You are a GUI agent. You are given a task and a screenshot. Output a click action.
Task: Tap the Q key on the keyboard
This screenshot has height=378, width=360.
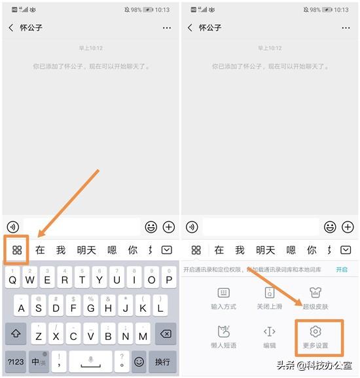coord(12,280)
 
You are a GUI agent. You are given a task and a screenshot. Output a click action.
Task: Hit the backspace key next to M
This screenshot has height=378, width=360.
coord(166,334)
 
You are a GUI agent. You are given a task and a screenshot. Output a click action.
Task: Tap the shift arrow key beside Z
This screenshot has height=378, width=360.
coord(16,334)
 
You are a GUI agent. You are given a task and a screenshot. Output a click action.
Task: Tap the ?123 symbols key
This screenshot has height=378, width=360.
coord(16,361)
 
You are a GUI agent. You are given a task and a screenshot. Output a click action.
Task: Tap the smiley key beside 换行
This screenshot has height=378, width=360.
coord(139,361)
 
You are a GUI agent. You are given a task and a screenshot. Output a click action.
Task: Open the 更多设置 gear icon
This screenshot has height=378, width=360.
coord(316,331)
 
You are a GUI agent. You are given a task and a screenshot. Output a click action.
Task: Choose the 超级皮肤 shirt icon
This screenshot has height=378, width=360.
coord(316,293)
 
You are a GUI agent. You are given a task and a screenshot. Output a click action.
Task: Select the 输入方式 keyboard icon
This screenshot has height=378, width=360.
coord(224,293)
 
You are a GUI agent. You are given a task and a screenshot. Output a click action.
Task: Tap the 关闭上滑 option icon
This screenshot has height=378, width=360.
coord(269,293)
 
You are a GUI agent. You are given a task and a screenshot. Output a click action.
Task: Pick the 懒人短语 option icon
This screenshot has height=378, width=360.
coord(224,331)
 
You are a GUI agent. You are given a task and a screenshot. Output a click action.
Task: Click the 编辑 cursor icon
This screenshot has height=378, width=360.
coord(269,331)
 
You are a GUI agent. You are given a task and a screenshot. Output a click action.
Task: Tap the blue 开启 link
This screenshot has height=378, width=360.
coord(342,269)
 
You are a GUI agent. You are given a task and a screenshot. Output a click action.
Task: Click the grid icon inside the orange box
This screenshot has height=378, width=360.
coord(17,250)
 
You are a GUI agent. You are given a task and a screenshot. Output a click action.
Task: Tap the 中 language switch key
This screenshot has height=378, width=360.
coord(37,361)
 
